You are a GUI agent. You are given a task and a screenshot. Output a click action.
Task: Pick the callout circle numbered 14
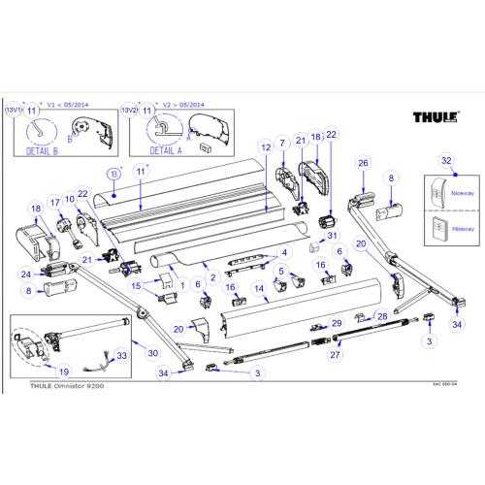click(259, 288)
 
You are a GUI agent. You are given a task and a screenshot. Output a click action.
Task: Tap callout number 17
click(54, 203)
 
